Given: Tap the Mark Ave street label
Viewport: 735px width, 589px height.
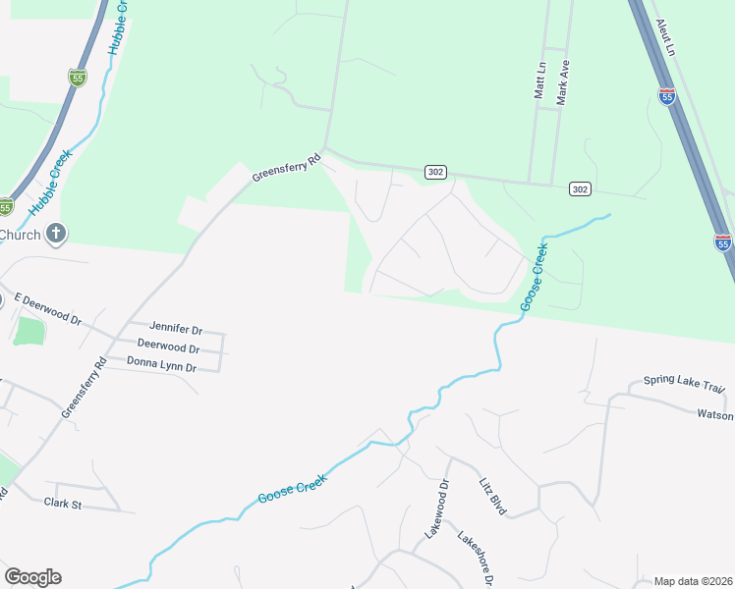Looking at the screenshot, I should pos(563,82).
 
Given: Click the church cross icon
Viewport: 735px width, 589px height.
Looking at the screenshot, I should pos(57,234).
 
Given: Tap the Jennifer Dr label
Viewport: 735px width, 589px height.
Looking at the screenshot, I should pos(175,327).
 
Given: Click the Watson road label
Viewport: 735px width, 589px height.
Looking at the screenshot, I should pos(714,415).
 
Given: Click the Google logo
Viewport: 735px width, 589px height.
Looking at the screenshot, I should pos(32,576).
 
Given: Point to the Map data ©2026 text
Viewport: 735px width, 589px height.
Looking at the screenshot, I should pos(693,581).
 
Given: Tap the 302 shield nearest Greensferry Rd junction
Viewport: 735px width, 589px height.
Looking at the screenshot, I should pos(436,172).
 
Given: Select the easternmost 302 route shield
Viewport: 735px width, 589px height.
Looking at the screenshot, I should pos(580,188).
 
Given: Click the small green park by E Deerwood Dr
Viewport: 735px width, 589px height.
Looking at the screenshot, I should pos(29,330).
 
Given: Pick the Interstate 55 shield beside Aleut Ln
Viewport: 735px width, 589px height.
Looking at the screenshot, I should pos(667,95).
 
